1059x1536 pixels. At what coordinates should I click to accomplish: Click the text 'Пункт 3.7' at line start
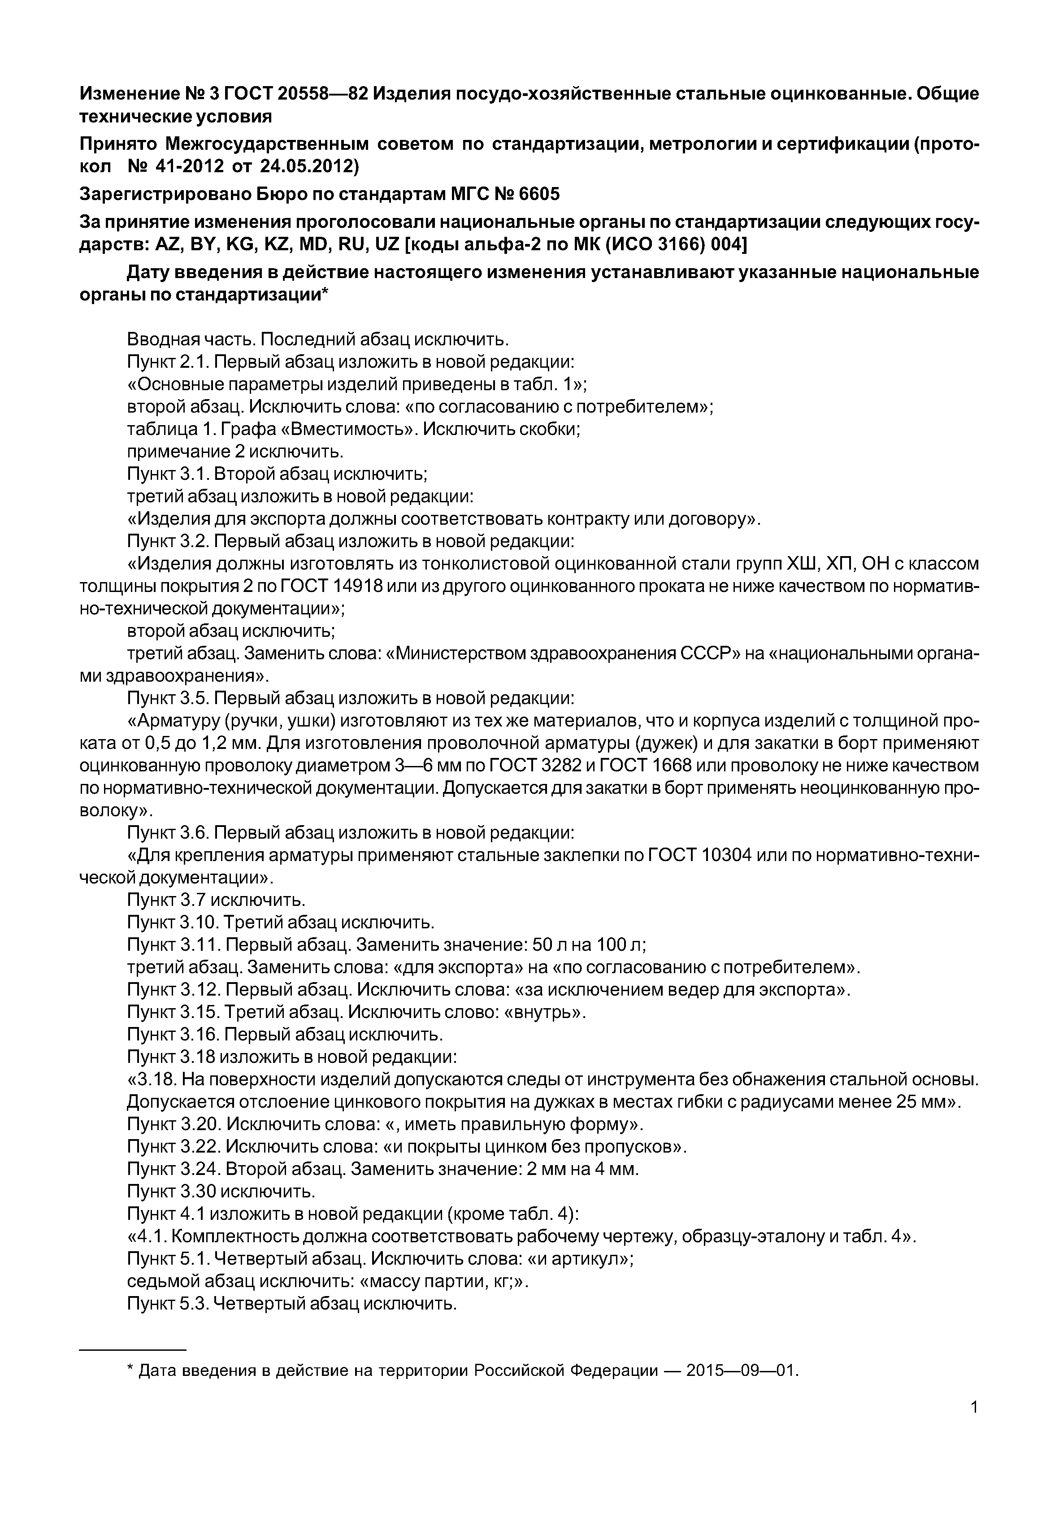[170, 900]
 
